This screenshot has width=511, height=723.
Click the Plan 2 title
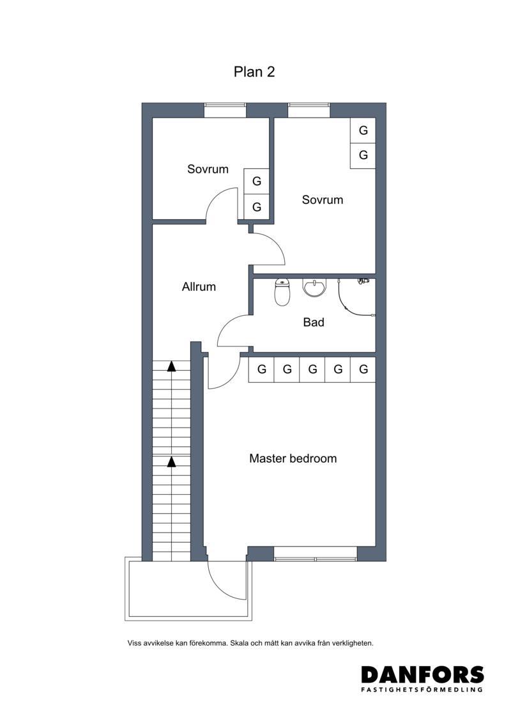pyautogui.click(x=254, y=72)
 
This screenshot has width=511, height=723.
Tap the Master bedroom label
pyautogui.click(x=293, y=458)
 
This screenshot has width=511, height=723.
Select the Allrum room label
pyautogui.click(x=199, y=287)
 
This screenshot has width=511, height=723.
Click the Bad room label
pyautogui.click(x=314, y=322)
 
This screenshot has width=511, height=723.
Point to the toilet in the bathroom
pyautogui.click(x=282, y=292)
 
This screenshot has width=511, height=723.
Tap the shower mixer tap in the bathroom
pyautogui.click(x=364, y=281)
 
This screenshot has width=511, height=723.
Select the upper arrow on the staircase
pyautogui.click(x=171, y=366)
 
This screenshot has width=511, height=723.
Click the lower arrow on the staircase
pyautogui.click(x=171, y=462)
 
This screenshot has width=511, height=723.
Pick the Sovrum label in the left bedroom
pyautogui.click(x=208, y=169)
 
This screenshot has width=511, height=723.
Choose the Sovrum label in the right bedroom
pyautogui.click(x=323, y=199)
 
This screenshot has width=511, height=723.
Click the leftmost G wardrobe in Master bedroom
pyautogui.click(x=261, y=369)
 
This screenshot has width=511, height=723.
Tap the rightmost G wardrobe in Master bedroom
pyautogui.click(x=363, y=369)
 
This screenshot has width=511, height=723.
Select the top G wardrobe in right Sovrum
pyautogui.click(x=363, y=130)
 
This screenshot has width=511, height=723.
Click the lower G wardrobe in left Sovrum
pyautogui.click(x=257, y=207)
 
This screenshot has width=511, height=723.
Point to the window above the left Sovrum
pyautogui.click(x=225, y=110)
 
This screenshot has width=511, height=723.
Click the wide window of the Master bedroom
pyautogui.click(x=316, y=554)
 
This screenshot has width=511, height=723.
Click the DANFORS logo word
pyautogui.click(x=422, y=674)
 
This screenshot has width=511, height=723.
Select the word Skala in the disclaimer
pyautogui.click(x=240, y=642)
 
